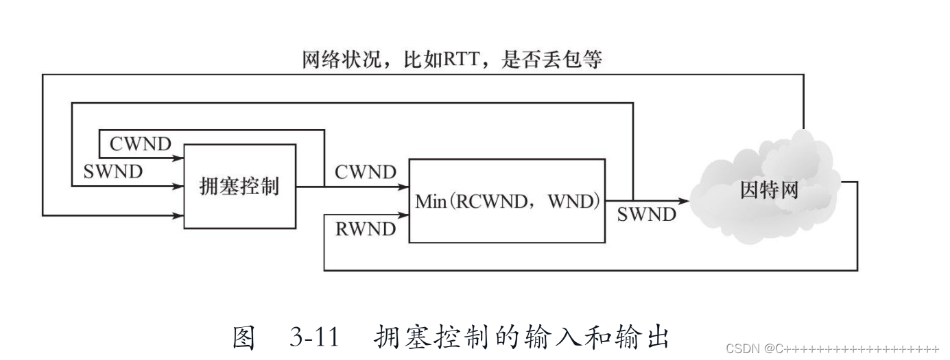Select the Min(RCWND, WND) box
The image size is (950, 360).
[x=508, y=200]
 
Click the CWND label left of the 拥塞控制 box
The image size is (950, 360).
[x=140, y=145]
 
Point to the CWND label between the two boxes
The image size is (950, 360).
[x=366, y=172]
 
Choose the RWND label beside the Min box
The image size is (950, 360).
[x=366, y=228]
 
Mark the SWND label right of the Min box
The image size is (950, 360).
[x=646, y=215]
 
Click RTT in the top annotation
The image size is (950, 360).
[x=446, y=60]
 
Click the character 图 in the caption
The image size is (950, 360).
[x=245, y=338]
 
